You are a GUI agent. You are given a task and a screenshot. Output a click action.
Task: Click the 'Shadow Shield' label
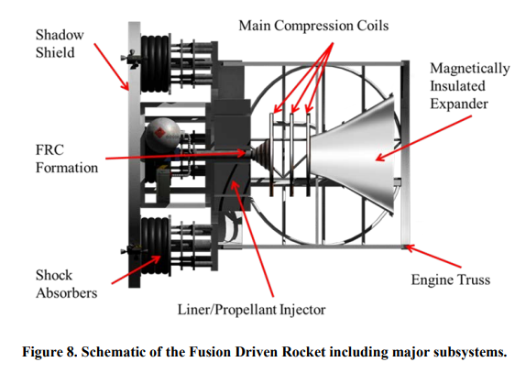click(60, 43)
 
